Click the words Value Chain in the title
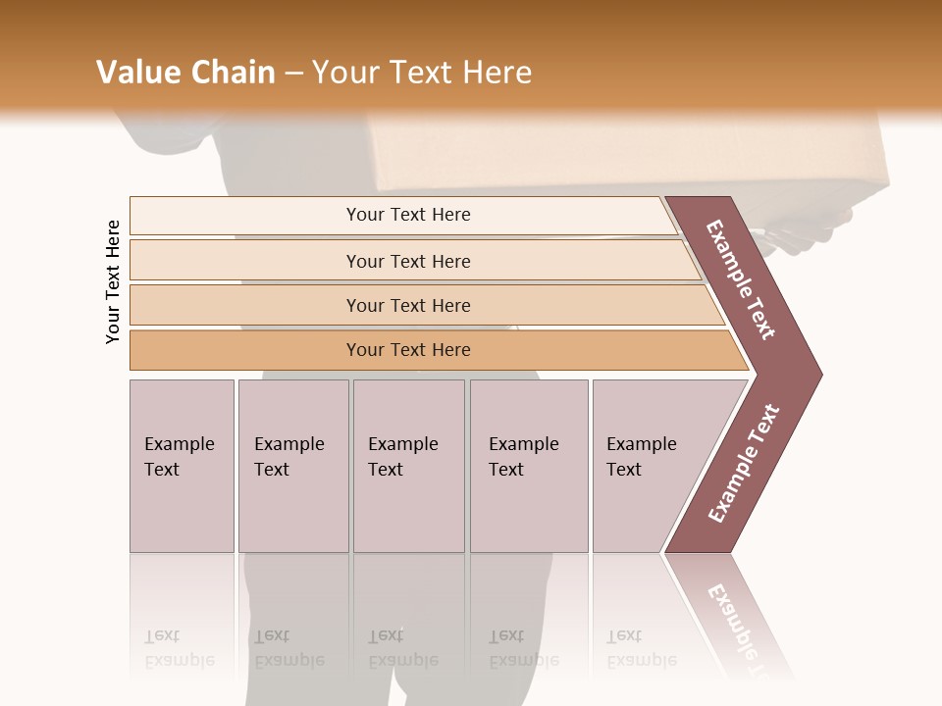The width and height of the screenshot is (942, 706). click(x=185, y=73)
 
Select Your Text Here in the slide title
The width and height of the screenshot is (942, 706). click(x=422, y=73)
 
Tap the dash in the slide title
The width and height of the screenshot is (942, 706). click(x=293, y=74)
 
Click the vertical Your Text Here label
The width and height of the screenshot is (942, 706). click(x=113, y=281)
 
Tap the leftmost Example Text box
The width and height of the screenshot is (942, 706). click(x=182, y=466)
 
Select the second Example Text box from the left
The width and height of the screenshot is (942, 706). click(x=293, y=466)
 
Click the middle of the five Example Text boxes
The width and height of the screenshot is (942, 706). click(x=408, y=466)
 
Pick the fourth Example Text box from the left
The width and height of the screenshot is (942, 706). click(x=529, y=466)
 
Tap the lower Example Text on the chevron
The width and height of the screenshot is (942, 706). click(x=744, y=464)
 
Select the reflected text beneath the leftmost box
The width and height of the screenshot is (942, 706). click(x=180, y=648)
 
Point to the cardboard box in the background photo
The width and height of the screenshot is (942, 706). click(x=628, y=152)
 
